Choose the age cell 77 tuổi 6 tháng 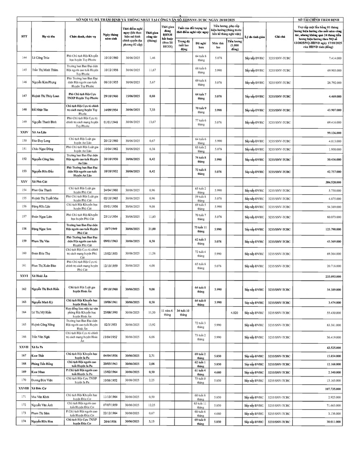[200, 122]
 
